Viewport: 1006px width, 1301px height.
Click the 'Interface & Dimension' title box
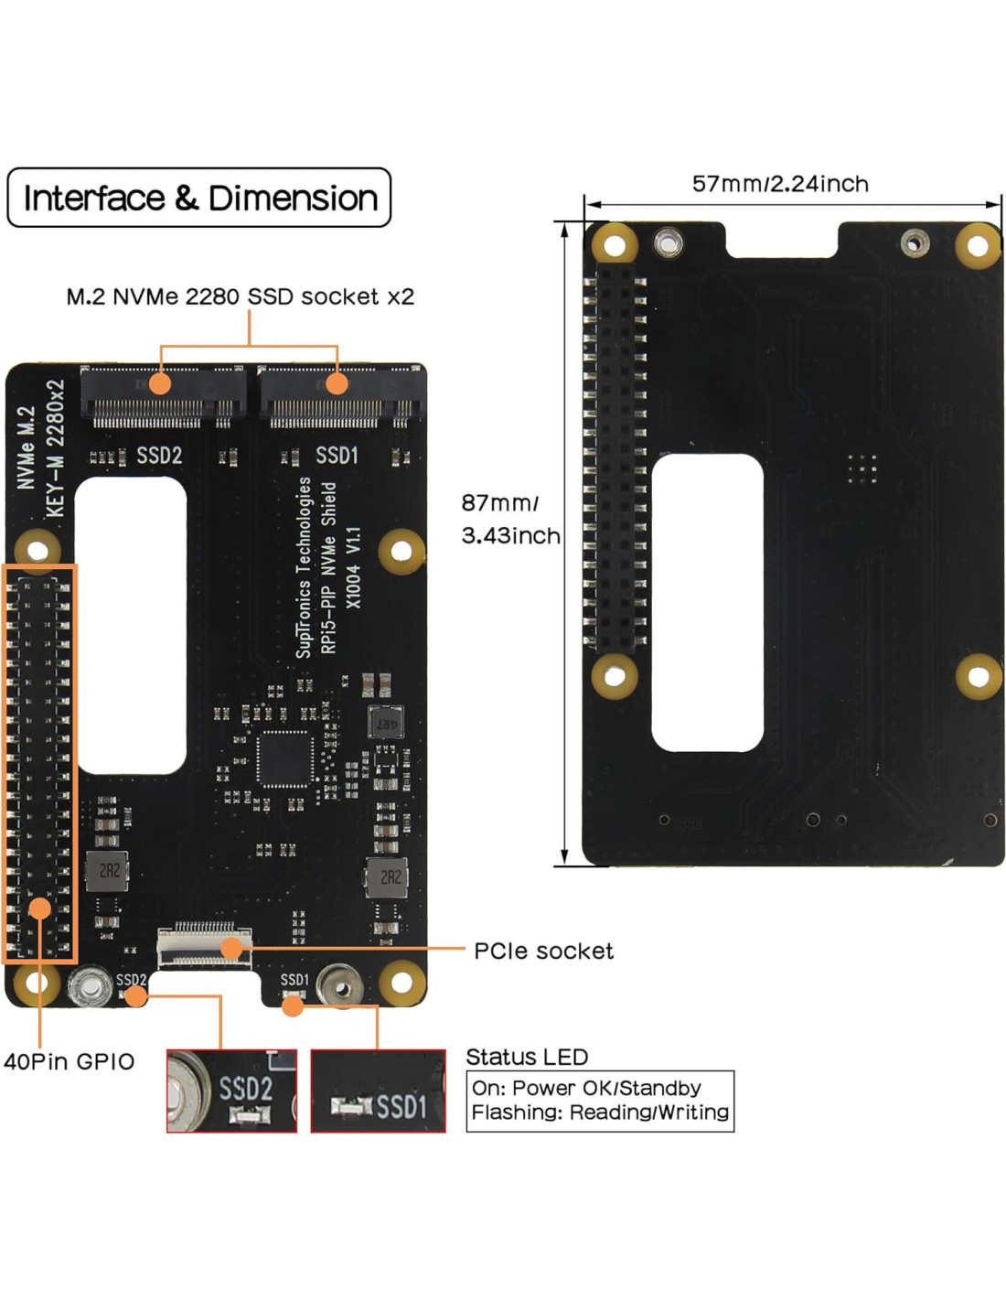coord(199,198)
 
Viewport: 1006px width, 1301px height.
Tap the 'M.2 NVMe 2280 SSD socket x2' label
coord(240,296)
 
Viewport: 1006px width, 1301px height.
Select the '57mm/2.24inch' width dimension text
coord(779,184)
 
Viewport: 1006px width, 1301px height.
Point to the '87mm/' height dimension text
coord(499,502)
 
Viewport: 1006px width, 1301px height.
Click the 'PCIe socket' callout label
coord(543,952)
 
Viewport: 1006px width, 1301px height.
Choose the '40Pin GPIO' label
coord(69,1061)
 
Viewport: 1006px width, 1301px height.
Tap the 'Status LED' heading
coord(527,1058)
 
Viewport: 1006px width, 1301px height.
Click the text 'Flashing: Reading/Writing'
coord(600,1113)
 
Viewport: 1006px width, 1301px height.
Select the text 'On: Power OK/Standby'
coord(586,1088)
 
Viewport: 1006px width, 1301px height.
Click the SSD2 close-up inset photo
coord(231,1091)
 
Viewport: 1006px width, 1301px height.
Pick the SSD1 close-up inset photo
coord(378,1091)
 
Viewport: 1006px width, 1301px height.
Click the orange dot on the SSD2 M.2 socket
coord(160,382)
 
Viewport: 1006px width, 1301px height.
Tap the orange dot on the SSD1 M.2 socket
coord(337,382)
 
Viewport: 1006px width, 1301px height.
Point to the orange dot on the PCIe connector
coord(232,948)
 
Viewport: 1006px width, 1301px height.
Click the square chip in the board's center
coord(284,758)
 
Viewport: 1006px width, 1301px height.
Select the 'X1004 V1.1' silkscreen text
coord(354,567)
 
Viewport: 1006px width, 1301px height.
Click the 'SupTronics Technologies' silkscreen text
coord(304,567)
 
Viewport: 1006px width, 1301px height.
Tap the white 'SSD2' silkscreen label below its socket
coord(159,456)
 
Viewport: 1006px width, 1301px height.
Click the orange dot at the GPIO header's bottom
coord(39,909)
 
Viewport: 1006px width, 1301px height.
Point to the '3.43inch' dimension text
coord(510,536)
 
